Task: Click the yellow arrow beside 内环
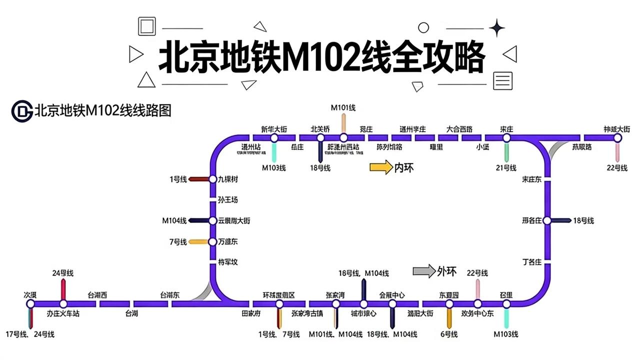coord(381,167)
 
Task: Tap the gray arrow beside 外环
coord(423,271)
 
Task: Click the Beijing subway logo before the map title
coord(21,110)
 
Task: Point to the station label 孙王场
coord(227,200)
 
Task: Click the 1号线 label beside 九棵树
coord(178,179)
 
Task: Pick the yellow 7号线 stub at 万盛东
coord(198,242)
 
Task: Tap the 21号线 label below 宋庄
coord(505,168)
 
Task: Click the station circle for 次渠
coord(30,303)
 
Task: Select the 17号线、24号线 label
coord(30,334)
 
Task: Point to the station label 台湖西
coord(97,295)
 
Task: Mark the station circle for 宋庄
coord(506,137)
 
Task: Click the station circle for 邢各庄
coord(547,220)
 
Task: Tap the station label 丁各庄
coord(531,261)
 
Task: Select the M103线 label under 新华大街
coord(273,168)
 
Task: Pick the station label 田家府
coord(250,314)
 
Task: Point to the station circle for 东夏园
coord(449,303)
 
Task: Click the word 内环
coord(404,168)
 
